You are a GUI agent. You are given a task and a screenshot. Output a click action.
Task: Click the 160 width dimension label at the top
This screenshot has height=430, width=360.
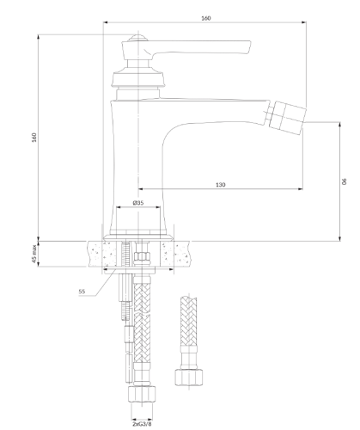(206, 18)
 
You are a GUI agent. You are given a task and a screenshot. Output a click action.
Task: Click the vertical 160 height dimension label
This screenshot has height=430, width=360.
(34, 138)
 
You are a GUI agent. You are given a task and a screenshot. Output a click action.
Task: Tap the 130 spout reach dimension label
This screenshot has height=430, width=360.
(220, 185)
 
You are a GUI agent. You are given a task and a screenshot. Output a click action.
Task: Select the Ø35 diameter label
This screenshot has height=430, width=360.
(138, 203)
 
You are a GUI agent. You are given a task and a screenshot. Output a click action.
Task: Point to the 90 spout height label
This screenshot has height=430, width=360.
(345, 181)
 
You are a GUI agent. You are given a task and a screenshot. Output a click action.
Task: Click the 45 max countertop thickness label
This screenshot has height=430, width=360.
(34, 254)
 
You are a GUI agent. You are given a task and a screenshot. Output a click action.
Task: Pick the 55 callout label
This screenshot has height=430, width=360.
(82, 292)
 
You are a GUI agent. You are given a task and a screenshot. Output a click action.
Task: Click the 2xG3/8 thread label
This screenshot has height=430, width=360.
(142, 424)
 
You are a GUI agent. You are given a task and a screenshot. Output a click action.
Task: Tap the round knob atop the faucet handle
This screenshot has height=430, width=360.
(138, 38)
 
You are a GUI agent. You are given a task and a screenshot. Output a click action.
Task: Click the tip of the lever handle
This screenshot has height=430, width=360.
(250, 47)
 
